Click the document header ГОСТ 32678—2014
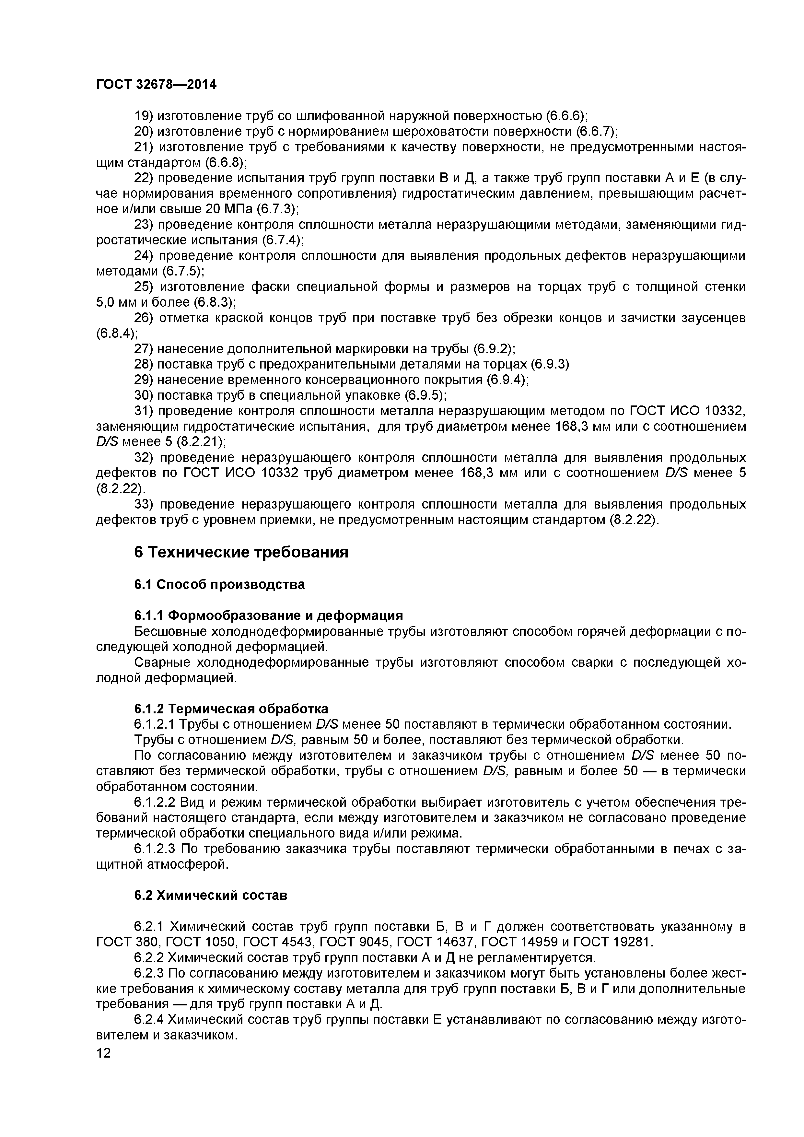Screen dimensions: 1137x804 pyautogui.click(x=156, y=85)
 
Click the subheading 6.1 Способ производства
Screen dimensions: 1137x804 pyautogui.click(x=219, y=584)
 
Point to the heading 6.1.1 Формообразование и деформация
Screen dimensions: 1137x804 pyautogui.click(x=268, y=615)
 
